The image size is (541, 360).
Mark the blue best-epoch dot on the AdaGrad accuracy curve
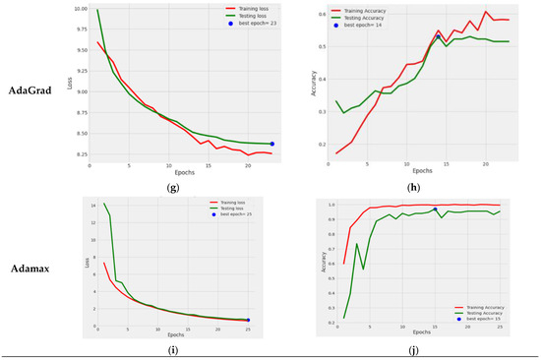point(438,37)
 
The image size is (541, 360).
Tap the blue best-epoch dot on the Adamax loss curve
point(248,320)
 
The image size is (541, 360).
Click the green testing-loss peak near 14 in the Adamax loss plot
point(104,204)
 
